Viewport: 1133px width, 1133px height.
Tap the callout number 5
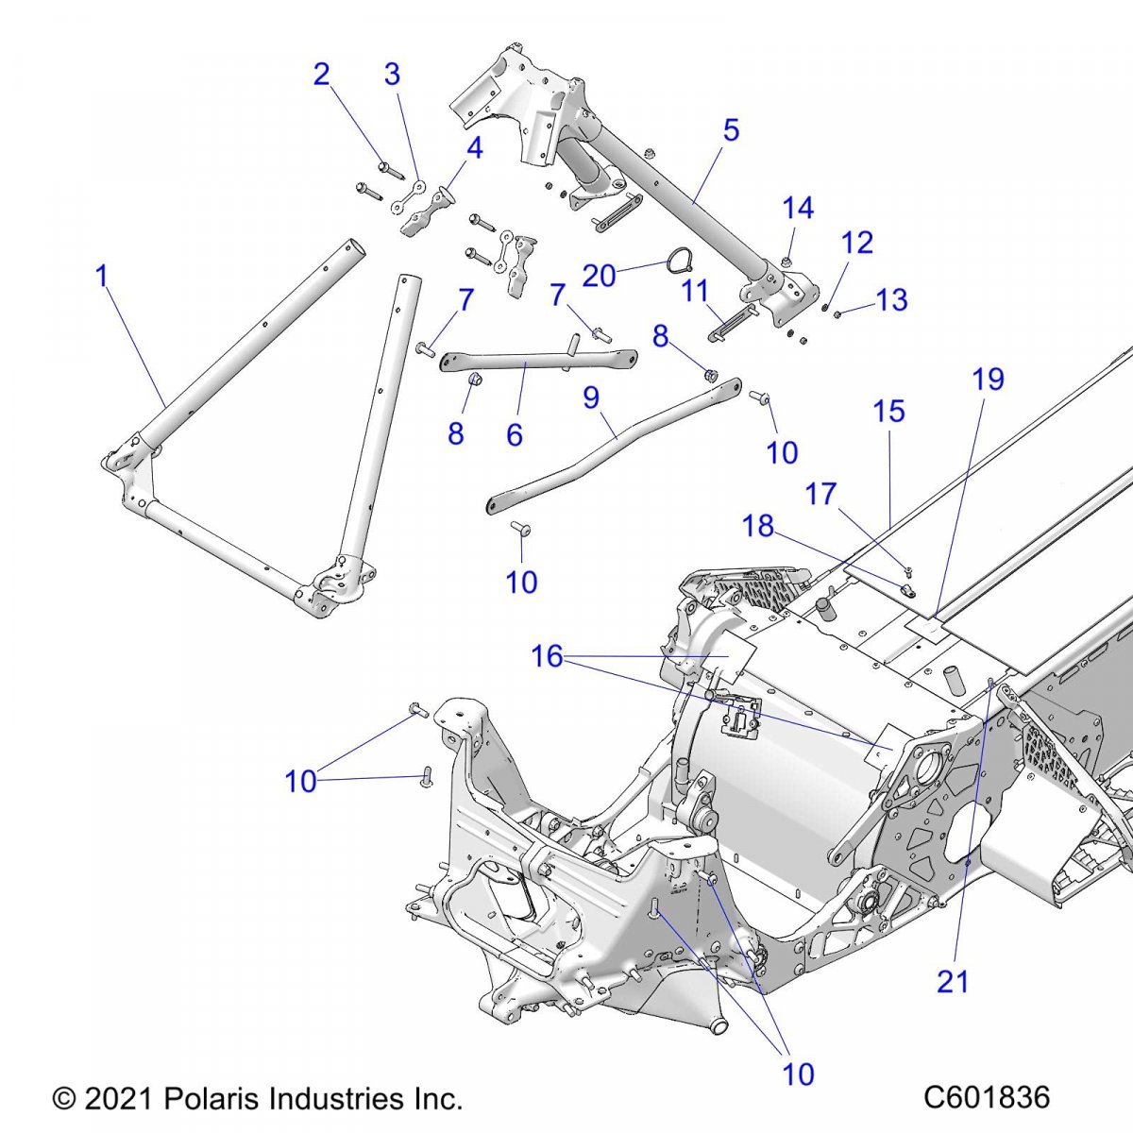[731, 130]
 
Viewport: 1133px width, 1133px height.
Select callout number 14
[798, 209]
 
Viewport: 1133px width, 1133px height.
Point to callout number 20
[599, 276]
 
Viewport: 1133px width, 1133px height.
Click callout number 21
[953, 982]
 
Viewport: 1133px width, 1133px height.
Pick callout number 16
[548, 656]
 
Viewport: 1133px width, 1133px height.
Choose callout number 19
[989, 380]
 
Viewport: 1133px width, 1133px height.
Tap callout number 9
[591, 397]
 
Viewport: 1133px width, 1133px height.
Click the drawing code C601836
[987, 1098]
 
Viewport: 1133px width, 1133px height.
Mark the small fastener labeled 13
[837, 313]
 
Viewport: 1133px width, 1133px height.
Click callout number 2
[322, 74]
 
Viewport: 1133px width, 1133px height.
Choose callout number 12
[857, 243]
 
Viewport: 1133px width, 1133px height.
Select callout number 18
[758, 526]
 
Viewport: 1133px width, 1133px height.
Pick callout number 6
[515, 434]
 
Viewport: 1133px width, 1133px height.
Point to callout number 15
[888, 412]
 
